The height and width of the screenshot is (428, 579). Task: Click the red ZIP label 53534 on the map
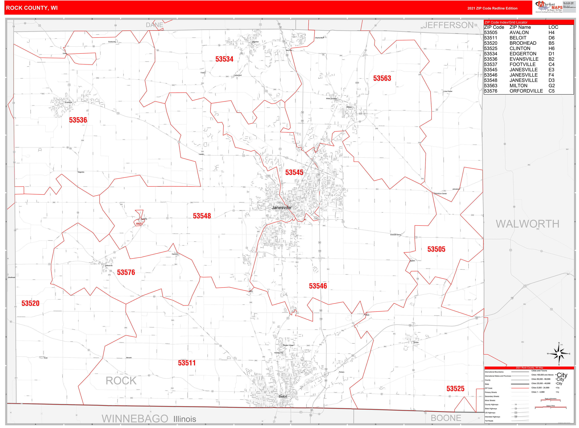pyautogui.click(x=224, y=59)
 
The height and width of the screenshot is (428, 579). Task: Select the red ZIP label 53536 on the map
pyautogui.click(x=78, y=120)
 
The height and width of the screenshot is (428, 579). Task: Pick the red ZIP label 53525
pyautogui.click(x=455, y=389)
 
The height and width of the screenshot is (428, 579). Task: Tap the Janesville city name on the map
pyautogui.click(x=281, y=208)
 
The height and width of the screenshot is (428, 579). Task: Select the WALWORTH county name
pyautogui.click(x=527, y=224)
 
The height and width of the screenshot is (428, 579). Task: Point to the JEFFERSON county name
pyautogui.click(x=448, y=25)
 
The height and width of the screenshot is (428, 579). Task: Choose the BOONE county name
pyautogui.click(x=446, y=418)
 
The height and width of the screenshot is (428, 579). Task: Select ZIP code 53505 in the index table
pyautogui.click(x=491, y=33)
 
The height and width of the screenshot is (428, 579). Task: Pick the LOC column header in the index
pyautogui.click(x=553, y=27)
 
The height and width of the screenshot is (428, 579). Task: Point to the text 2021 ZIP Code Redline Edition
pyautogui.click(x=492, y=8)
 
